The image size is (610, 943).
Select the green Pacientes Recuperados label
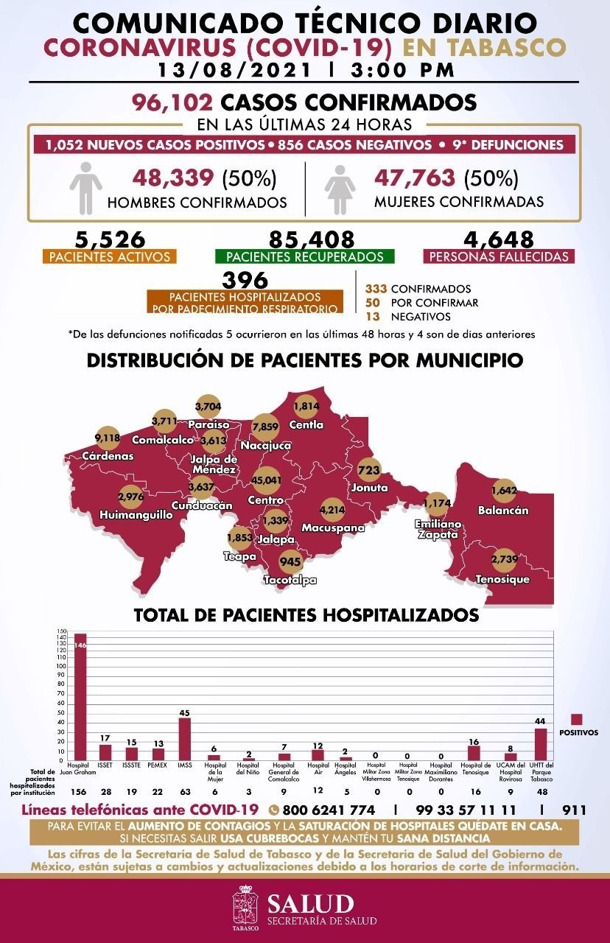click(x=304, y=257)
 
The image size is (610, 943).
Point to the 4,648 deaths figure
click(x=499, y=239)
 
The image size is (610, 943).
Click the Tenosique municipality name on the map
click(x=503, y=580)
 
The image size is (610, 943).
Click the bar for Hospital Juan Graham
click(x=80, y=696)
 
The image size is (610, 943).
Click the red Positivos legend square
click(x=577, y=720)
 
